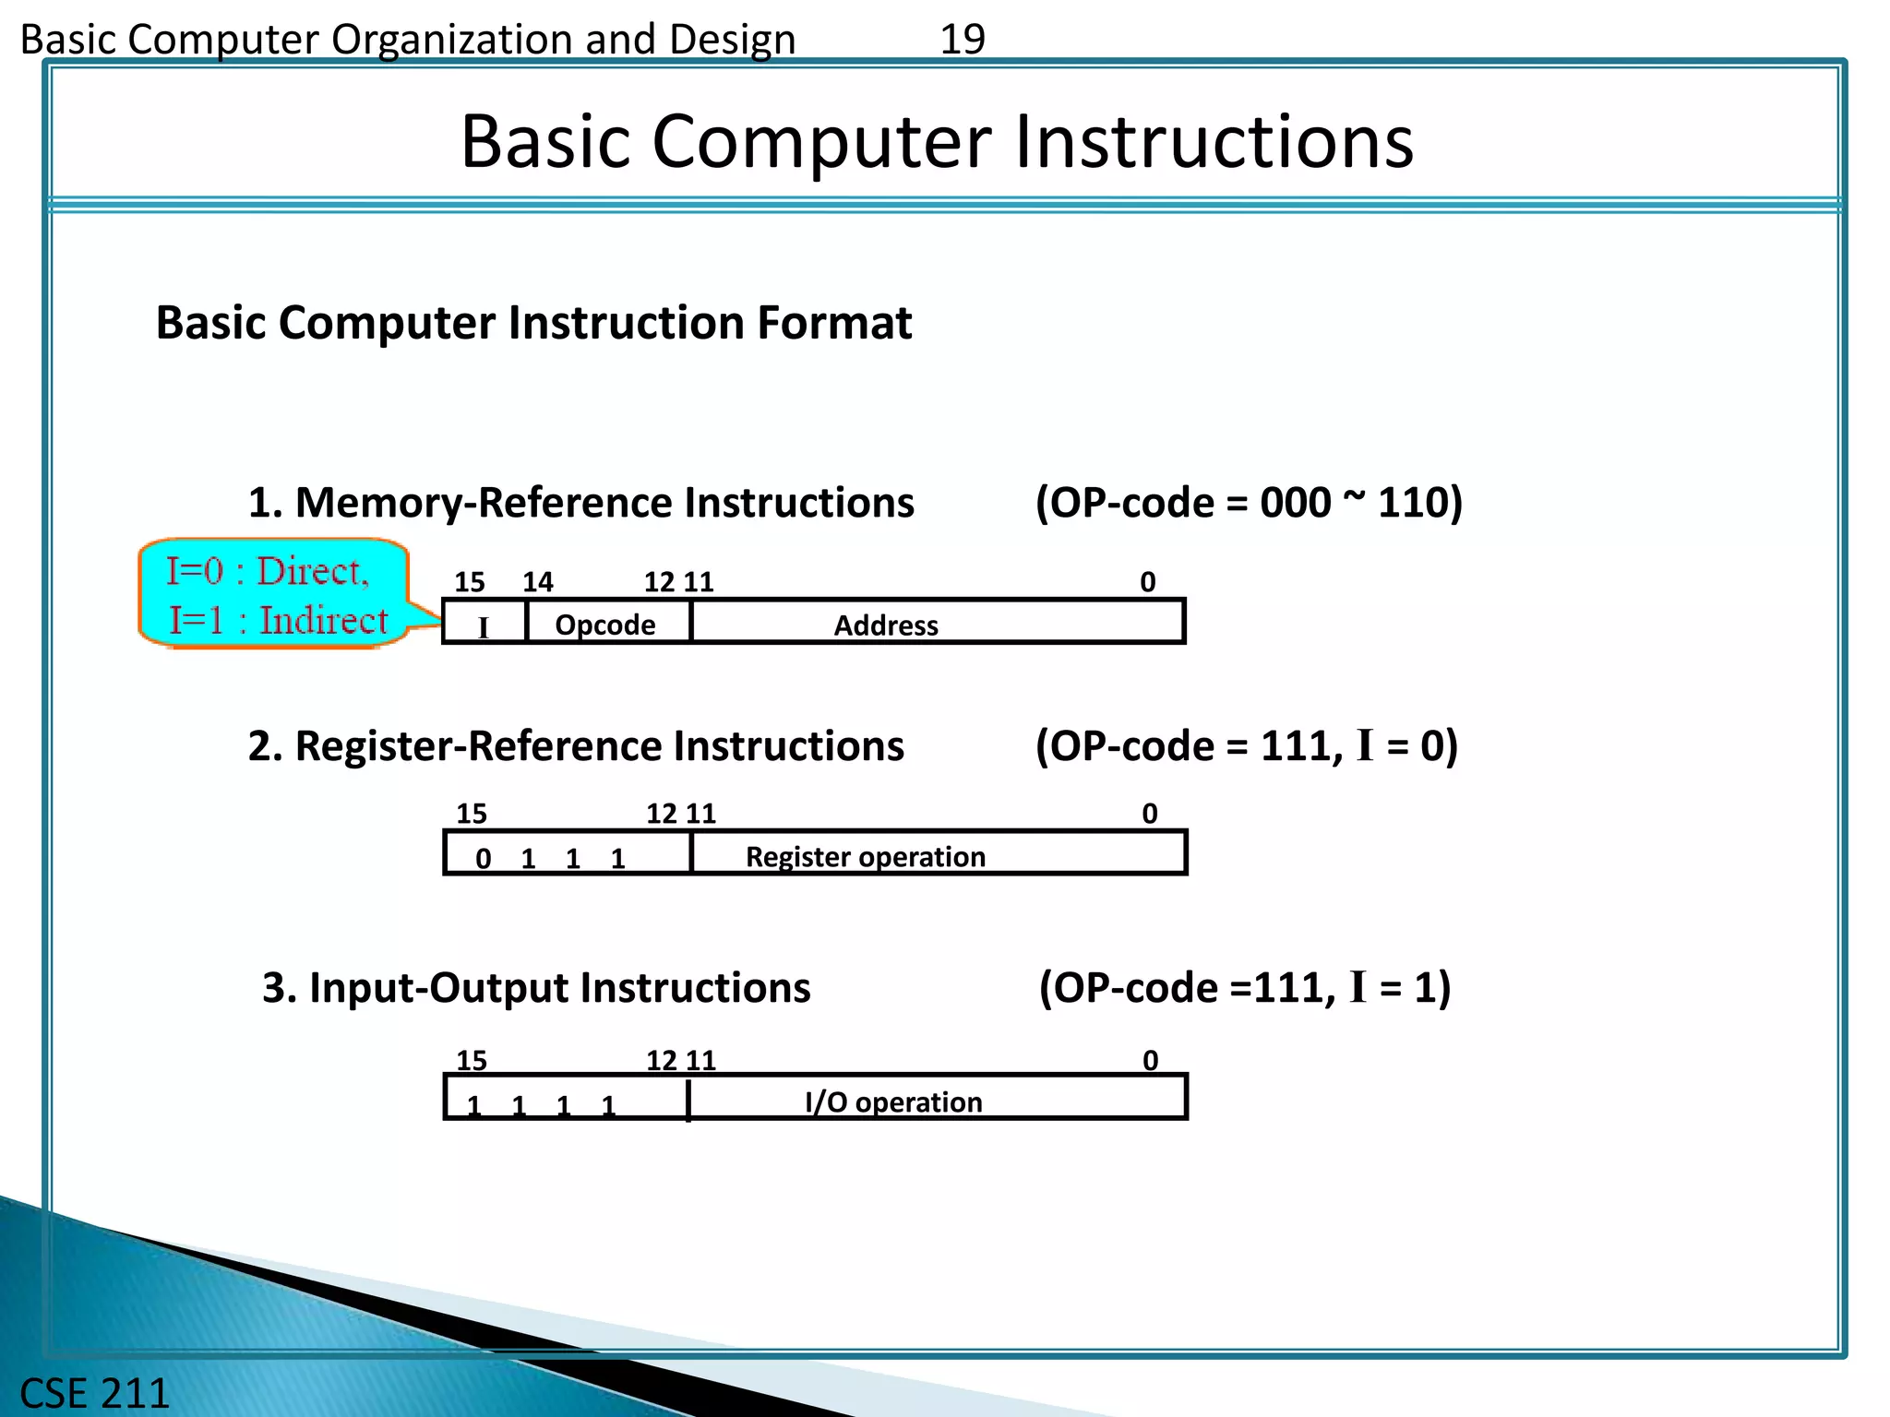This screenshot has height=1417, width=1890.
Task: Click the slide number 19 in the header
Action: [962, 40]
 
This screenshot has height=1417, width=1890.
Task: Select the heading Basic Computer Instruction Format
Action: [533, 323]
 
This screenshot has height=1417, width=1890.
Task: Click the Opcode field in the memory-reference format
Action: [605, 625]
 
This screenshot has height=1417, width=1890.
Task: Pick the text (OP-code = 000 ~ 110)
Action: [1249, 503]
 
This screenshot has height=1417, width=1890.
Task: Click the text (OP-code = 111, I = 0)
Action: [1246, 745]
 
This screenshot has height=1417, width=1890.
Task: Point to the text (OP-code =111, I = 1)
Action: [1245, 987]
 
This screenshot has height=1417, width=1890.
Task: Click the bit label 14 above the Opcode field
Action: [538, 582]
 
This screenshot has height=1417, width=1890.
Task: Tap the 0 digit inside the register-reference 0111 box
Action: [483, 859]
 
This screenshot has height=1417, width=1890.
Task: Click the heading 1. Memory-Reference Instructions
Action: [580, 503]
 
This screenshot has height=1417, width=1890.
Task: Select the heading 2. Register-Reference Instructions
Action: [576, 745]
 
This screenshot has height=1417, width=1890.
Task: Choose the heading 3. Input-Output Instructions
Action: [536, 987]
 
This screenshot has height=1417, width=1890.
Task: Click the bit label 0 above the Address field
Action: [1147, 582]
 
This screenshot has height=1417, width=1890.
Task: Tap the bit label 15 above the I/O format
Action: [471, 1060]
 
